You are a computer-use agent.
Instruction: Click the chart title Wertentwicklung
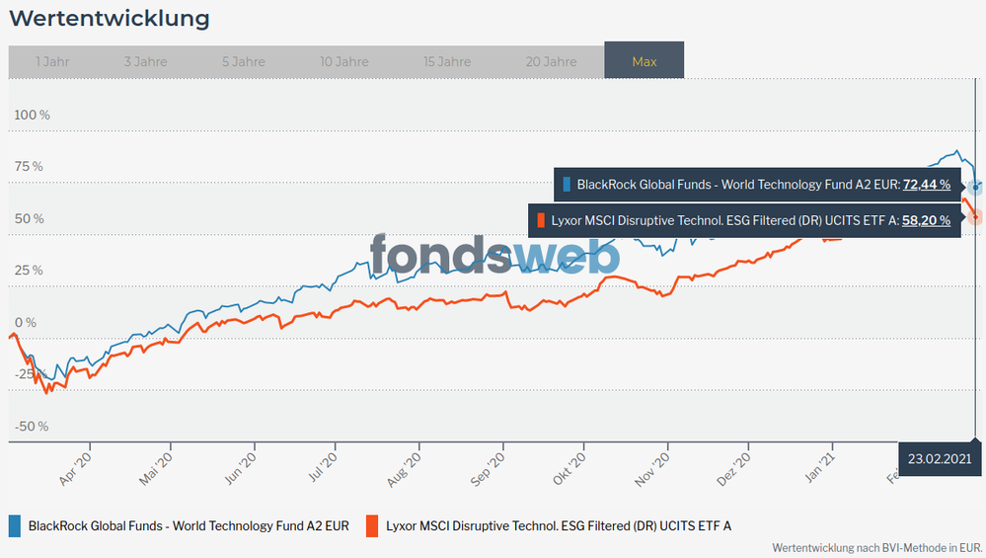[109, 18]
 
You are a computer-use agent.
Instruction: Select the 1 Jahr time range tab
[51, 61]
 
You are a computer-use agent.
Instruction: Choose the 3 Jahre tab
[146, 61]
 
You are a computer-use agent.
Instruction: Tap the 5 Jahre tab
[243, 61]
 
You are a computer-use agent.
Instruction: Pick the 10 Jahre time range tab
[344, 61]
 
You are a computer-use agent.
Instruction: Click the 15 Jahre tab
[447, 61]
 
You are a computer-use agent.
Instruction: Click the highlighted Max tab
[645, 61]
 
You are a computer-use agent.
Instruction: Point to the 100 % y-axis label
[32, 115]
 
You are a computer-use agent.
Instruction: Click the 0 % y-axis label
[25, 322]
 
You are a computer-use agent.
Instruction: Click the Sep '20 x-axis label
[491, 465]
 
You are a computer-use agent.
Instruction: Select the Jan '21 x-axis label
[822, 465]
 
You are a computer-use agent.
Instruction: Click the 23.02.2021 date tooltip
[940, 458]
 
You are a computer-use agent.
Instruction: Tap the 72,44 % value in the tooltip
[926, 184]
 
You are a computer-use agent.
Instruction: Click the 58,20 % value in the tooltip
[926, 220]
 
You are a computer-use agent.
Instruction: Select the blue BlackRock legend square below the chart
[15, 525]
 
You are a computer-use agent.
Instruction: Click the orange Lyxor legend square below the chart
[372, 525]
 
